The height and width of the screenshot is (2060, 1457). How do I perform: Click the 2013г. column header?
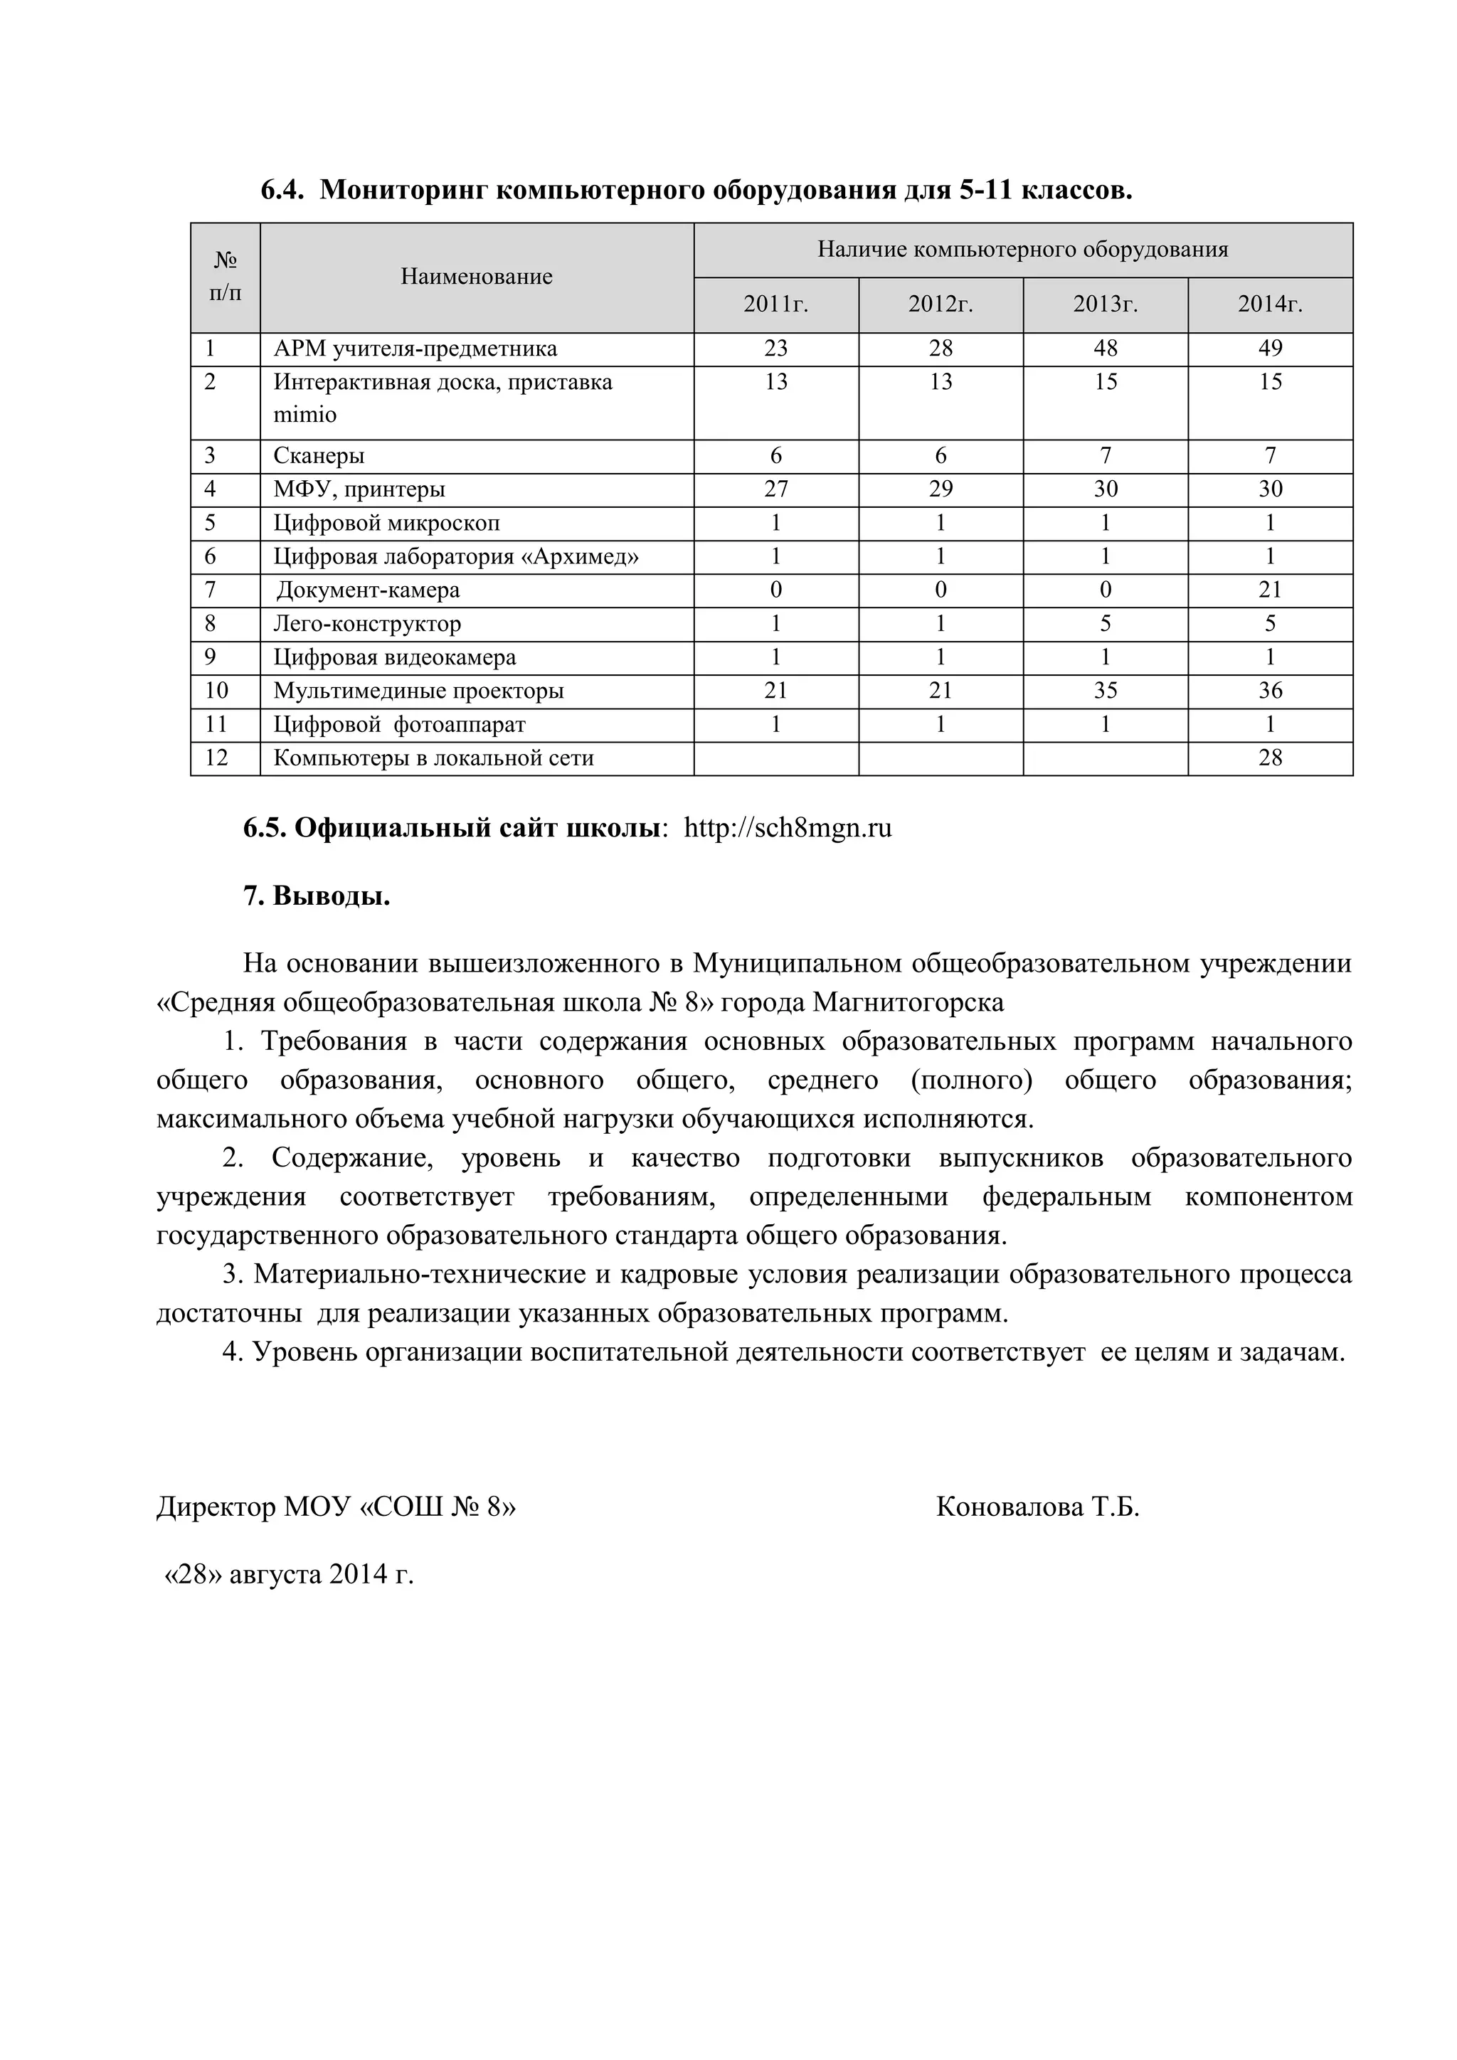(x=1106, y=305)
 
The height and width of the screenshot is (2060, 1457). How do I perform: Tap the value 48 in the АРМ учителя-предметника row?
(x=1106, y=348)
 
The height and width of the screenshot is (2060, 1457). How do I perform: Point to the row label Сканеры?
(x=319, y=456)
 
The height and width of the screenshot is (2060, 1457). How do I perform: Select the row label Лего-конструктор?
(x=367, y=624)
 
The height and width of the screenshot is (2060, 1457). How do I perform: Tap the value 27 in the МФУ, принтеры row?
(x=775, y=489)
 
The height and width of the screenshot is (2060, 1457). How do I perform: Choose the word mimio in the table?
(x=305, y=415)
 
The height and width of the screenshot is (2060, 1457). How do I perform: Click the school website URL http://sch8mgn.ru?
(x=788, y=827)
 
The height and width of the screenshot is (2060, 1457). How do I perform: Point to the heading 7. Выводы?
(x=317, y=896)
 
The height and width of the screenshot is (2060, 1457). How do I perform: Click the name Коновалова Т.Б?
(x=1037, y=1507)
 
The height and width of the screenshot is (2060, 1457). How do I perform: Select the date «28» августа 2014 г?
(x=289, y=1573)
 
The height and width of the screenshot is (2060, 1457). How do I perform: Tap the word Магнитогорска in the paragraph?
(x=908, y=1002)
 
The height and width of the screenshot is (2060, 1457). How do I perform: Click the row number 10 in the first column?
(x=216, y=690)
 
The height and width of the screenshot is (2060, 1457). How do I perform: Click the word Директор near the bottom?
(x=216, y=1507)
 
